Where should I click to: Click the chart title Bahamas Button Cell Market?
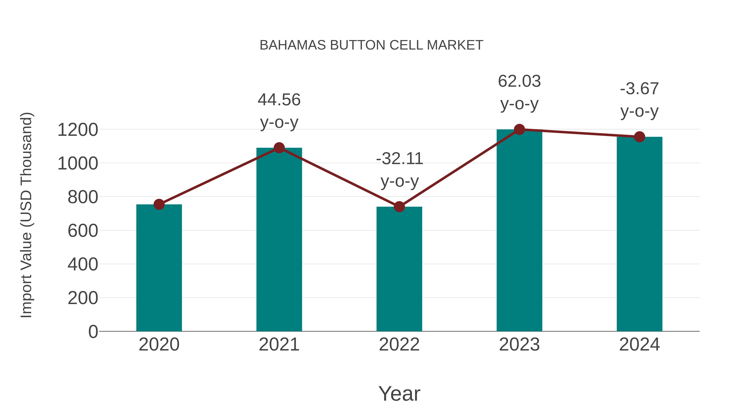(371, 45)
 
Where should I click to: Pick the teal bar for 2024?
(639, 234)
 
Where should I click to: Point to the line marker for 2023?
(519, 129)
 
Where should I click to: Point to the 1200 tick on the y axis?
(78, 130)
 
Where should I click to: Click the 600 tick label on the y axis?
(83, 231)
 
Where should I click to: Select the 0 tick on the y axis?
(93, 332)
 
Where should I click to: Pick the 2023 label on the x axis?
(519, 345)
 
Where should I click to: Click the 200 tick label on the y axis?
(83, 298)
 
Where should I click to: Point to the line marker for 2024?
(639, 137)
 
